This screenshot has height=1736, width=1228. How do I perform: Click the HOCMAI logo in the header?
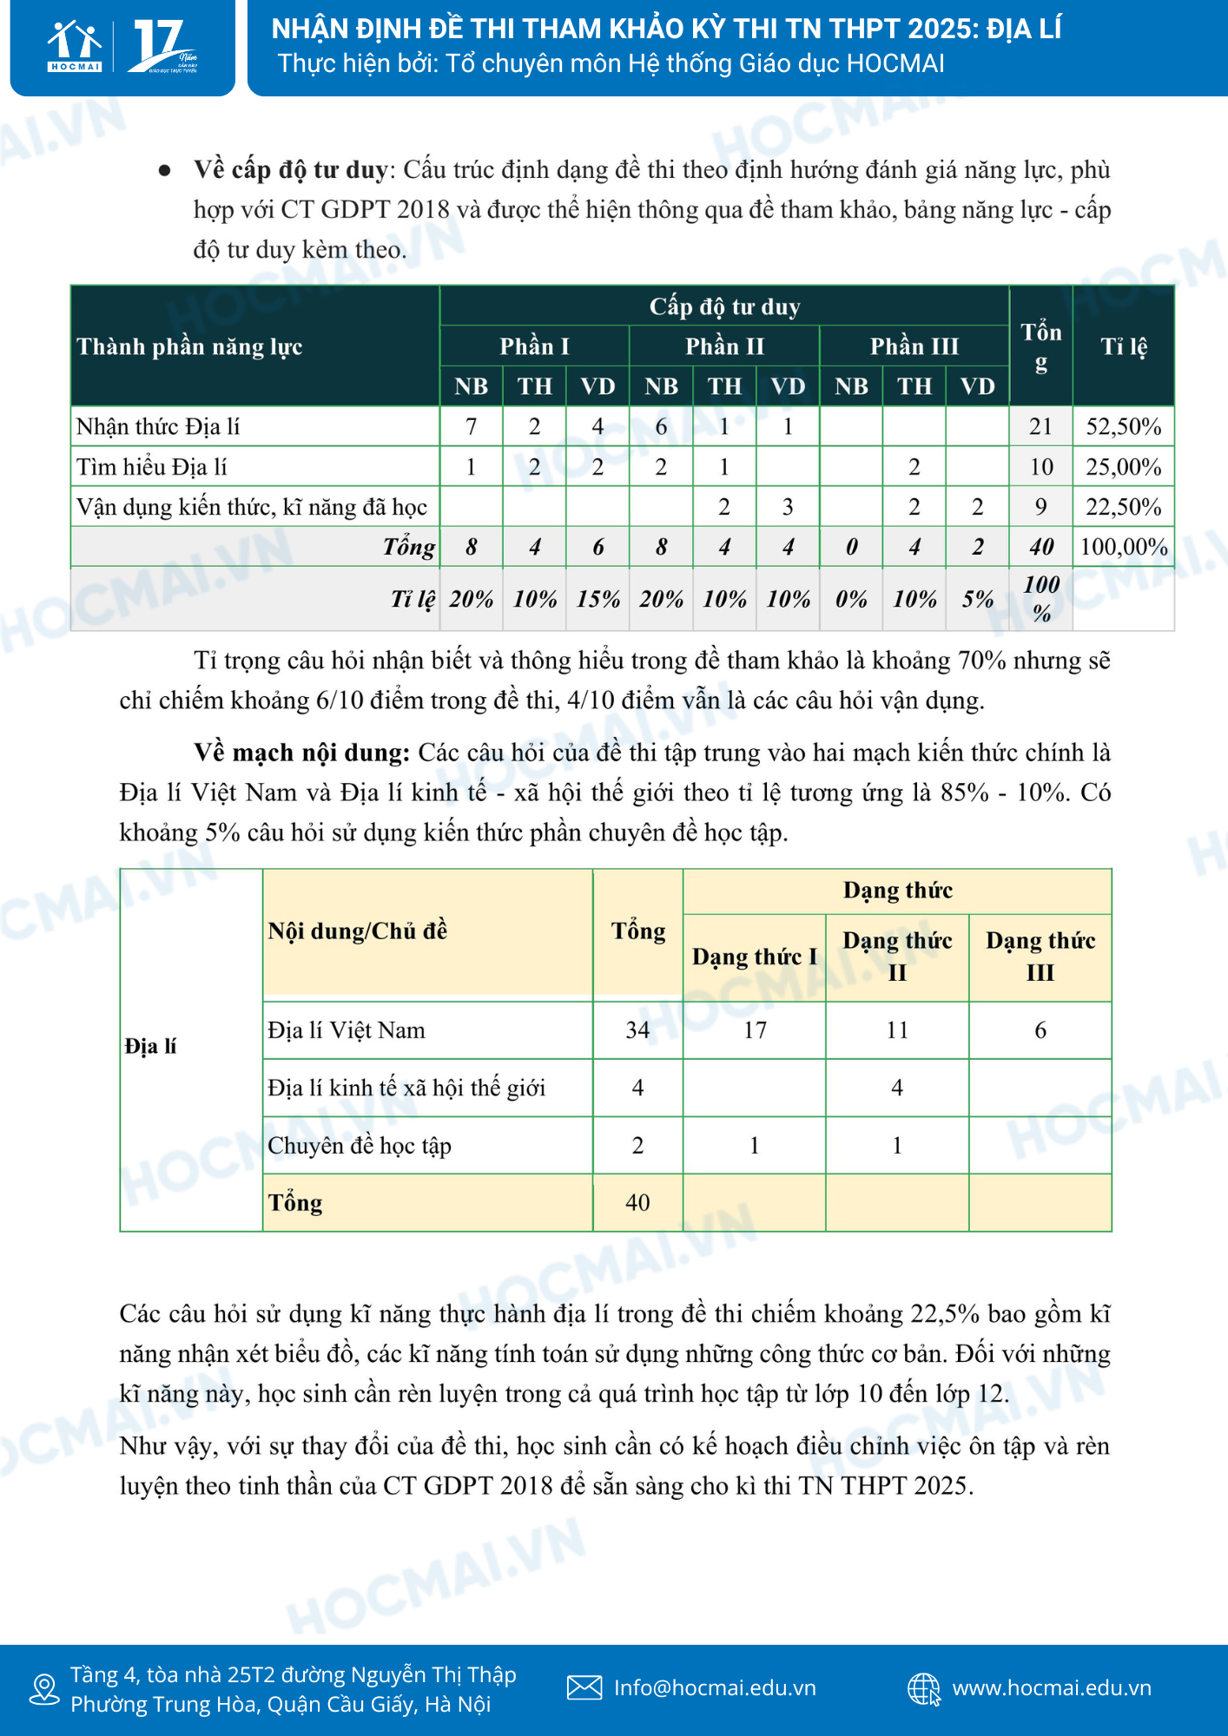coord(75,47)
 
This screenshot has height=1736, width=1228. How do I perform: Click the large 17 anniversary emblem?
coord(162,47)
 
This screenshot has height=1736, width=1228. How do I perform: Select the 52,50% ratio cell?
coord(1123,426)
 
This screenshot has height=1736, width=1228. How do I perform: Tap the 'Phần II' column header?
coord(724,346)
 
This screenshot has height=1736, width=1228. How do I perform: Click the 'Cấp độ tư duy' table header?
coord(724,306)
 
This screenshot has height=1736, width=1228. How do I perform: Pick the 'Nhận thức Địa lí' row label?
coord(158,426)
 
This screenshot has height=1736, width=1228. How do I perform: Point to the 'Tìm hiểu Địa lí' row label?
coord(152,467)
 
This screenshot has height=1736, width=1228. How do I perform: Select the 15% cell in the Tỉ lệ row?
coord(597,599)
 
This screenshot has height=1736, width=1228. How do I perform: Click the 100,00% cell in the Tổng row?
coord(1123,547)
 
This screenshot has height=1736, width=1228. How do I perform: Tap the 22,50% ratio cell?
coord(1123,507)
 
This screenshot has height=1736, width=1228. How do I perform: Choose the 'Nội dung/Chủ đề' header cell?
coord(358,931)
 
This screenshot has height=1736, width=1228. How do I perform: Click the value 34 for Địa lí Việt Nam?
coord(637,1030)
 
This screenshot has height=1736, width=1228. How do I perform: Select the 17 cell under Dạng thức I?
coord(755,1030)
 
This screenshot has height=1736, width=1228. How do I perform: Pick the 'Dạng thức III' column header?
coord(1040,956)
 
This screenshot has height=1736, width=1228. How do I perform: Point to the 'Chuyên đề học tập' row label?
coord(360,1146)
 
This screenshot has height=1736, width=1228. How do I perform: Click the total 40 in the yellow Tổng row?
coord(637,1202)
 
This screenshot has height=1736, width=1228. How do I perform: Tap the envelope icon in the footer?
coord(584,1687)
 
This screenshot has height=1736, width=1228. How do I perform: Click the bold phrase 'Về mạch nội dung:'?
coord(301,753)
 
